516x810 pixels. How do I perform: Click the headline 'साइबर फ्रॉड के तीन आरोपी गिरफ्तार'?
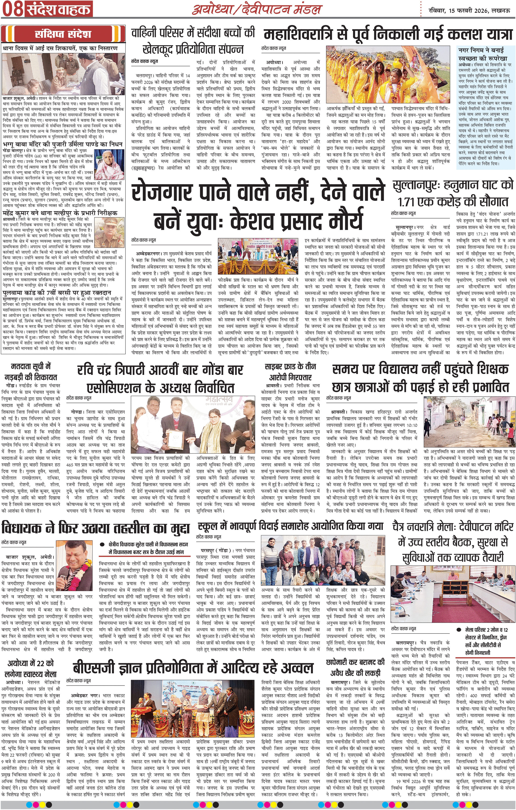tap(290, 372)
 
